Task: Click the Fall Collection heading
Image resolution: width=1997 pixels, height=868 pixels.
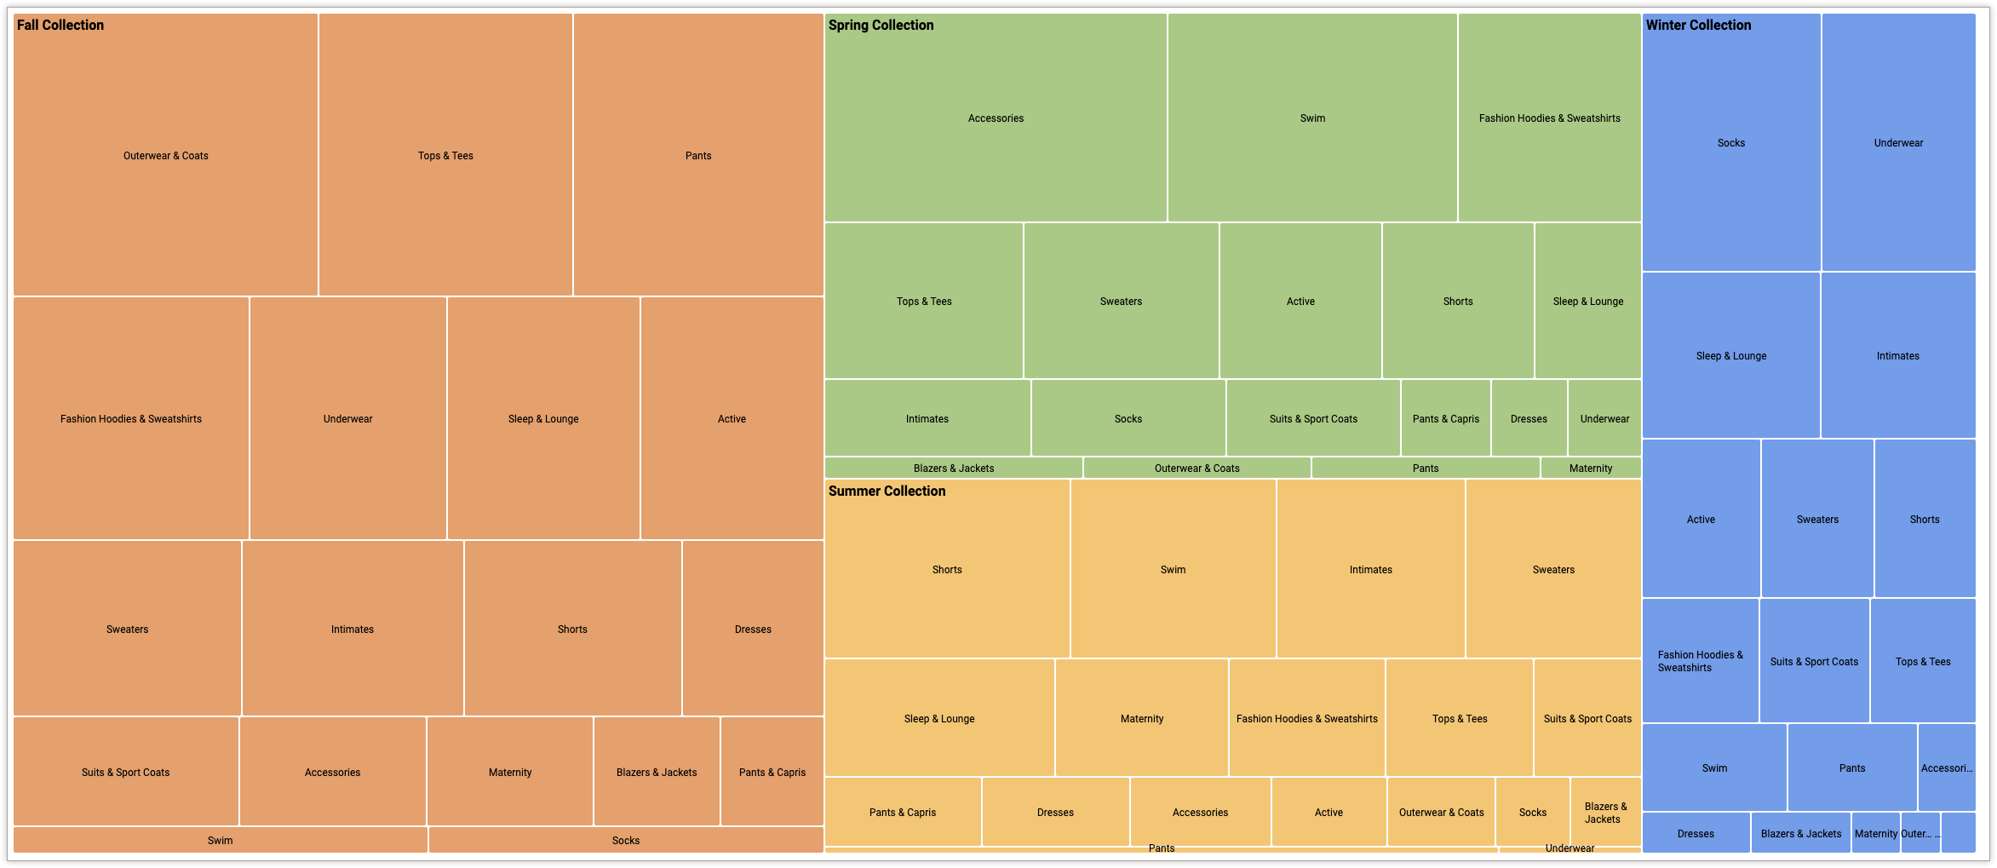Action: click(60, 26)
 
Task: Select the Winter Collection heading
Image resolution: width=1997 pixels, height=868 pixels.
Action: click(1698, 26)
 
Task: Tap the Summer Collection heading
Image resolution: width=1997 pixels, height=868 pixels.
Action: click(887, 491)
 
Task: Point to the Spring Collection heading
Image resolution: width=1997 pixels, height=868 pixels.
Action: click(881, 26)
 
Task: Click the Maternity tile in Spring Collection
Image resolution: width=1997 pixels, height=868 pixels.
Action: click(1590, 468)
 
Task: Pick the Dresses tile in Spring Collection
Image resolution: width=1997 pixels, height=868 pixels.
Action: click(1529, 418)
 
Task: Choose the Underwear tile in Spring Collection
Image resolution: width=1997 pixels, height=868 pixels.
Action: click(1604, 418)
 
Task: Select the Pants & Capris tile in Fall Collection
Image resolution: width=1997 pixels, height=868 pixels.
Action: click(772, 772)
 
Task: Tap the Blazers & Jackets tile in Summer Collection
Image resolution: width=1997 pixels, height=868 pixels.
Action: click(1605, 812)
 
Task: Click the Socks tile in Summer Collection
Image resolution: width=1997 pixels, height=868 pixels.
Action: click(1532, 812)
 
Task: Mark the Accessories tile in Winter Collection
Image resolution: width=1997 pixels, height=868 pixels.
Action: click(1946, 767)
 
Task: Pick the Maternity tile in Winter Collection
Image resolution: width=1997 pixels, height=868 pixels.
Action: click(1875, 833)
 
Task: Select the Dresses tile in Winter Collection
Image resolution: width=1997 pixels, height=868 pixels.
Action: click(1696, 833)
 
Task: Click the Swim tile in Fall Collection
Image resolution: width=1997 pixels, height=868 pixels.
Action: click(220, 840)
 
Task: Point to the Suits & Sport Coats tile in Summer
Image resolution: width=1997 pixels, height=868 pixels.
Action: click(1587, 718)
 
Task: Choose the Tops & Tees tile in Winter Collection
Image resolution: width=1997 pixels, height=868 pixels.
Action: click(1923, 661)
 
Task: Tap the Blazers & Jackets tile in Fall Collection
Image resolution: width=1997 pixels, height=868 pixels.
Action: click(657, 772)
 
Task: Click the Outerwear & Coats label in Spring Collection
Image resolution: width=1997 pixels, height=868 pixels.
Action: click(1196, 468)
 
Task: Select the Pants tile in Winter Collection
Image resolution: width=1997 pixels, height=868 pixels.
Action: click(1852, 767)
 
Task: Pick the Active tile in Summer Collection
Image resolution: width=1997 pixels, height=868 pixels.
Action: click(1328, 812)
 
